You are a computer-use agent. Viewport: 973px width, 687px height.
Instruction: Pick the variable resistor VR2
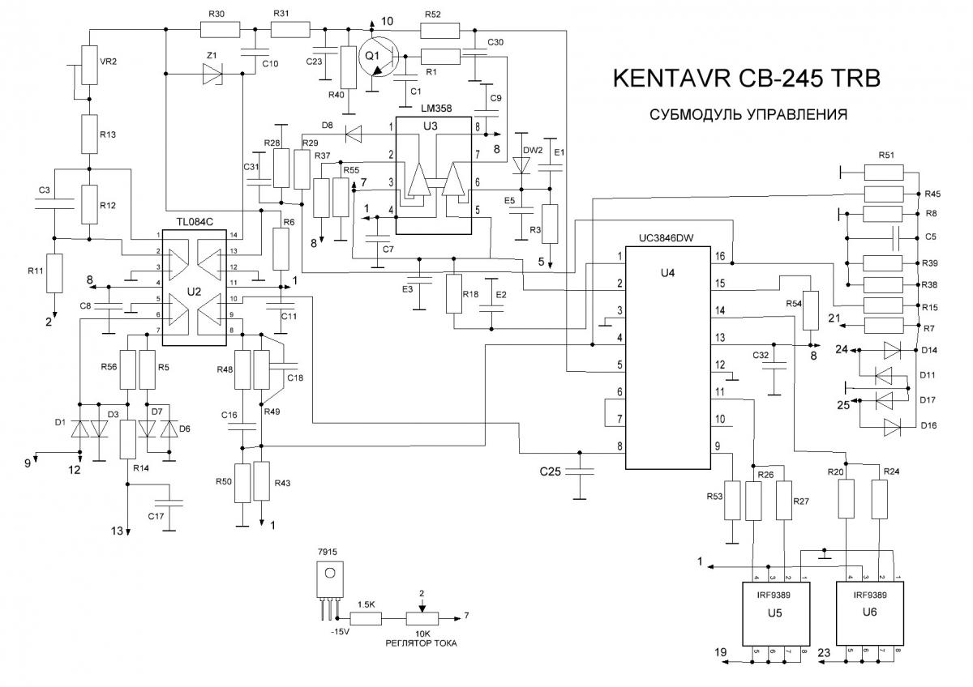pos(87,61)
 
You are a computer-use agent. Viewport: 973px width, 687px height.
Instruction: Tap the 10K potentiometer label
pos(421,633)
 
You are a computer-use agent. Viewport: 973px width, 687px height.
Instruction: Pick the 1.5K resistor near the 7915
pos(366,620)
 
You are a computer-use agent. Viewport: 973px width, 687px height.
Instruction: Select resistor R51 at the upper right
pos(889,172)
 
